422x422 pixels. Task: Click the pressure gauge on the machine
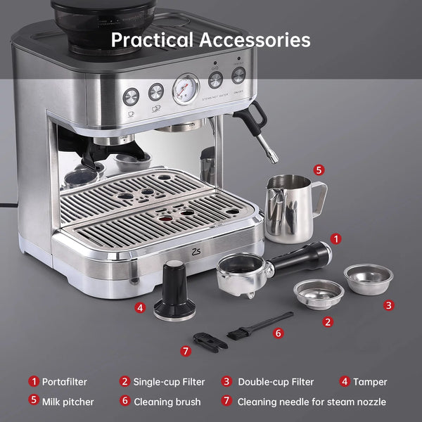186,89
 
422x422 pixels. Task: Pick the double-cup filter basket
367,279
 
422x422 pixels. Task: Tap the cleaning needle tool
209,341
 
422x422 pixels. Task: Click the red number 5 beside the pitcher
319,170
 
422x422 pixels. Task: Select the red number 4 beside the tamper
141,307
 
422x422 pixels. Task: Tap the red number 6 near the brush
279,333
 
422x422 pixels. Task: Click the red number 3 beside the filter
389,305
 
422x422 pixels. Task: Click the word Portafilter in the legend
65,382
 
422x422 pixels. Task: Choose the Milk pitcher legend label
68,402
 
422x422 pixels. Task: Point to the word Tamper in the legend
370,382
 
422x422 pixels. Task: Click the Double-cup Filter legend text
276,382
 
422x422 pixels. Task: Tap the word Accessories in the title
255,39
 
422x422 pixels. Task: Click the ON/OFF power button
238,75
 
